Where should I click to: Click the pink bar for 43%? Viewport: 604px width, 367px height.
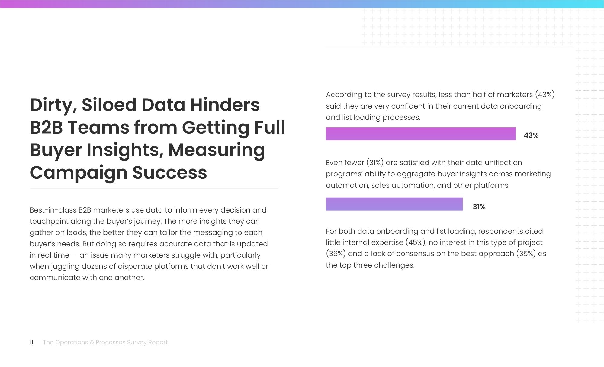pyautogui.click(x=421, y=134)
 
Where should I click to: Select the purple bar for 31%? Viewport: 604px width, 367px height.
pyautogui.click(x=394, y=204)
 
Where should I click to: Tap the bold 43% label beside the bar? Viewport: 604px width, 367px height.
pyautogui.click(x=531, y=135)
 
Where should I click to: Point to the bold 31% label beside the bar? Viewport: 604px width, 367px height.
pyautogui.click(x=479, y=207)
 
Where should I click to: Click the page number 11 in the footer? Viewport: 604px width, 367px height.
pyautogui.click(x=31, y=342)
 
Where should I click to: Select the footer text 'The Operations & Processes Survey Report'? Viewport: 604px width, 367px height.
pyautogui.click(x=105, y=342)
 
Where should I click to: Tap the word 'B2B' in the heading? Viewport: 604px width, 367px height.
pyautogui.click(x=47, y=127)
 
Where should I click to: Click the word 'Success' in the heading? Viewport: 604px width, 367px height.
pyautogui.click(x=170, y=173)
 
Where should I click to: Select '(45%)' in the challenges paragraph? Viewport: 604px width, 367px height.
pyautogui.click(x=416, y=242)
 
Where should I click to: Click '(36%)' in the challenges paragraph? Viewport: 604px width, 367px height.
pyautogui.click(x=336, y=254)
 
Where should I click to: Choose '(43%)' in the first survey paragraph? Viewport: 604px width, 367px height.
pyautogui.click(x=545, y=95)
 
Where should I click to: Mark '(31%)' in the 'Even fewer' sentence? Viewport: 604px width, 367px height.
pyautogui.click(x=375, y=163)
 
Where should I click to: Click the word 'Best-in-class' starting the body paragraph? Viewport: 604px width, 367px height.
pyautogui.click(x=53, y=210)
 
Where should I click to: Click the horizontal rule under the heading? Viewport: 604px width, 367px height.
pyautogui.click(x=154, y=188)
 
